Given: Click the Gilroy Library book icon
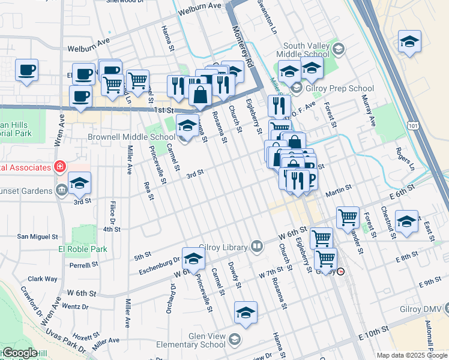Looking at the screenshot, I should (257, 246).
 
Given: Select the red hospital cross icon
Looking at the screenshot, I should (59, 166).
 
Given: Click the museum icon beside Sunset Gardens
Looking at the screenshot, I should (62, 191).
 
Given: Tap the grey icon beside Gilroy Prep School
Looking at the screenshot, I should (296, 88).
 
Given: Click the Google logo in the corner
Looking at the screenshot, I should (19, 353).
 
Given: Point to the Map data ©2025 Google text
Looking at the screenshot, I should (412, 355).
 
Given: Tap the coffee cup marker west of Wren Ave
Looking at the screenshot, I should (27, 71).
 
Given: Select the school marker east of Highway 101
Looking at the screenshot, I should (409, 41).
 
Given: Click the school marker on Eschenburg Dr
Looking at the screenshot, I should (194, 259).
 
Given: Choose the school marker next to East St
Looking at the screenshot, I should (407, 221).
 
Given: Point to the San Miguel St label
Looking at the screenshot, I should (37, 236).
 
